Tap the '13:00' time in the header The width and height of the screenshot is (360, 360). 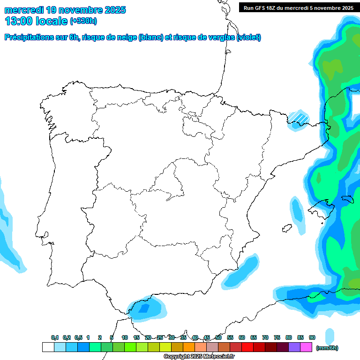tap(18, 21)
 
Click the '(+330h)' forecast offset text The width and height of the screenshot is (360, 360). tap(83, 21)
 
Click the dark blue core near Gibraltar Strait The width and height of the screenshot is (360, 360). tap(143, 308)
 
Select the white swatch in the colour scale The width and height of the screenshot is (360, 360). tap(48, 347)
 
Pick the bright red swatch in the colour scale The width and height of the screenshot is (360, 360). tap(247, 347)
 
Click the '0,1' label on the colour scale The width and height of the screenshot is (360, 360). tap(55, 338)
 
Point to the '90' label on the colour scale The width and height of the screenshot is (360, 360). tap(312, 338)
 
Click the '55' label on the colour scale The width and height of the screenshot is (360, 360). tap(230, 338)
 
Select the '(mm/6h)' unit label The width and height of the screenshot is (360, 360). tap(327, 348)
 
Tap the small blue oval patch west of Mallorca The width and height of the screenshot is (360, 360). tap(296, 209)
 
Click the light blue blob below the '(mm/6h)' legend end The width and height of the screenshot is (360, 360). tap(330, 336)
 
